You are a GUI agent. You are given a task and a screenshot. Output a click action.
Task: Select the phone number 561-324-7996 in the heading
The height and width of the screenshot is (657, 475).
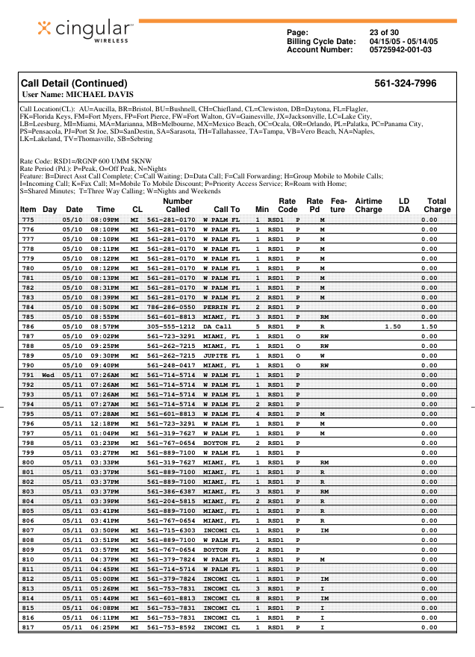click(x=405, y=84)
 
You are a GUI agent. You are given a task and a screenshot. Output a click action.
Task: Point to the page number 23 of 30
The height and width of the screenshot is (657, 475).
click(x=385, y=32)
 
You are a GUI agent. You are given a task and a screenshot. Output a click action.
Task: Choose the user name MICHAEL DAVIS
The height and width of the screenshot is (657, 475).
click(x=99, y=95)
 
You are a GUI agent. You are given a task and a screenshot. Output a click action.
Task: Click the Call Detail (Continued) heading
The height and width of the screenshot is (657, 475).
click(x=74, y=84)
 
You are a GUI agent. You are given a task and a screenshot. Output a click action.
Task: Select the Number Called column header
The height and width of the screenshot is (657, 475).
click(x=177, y=205)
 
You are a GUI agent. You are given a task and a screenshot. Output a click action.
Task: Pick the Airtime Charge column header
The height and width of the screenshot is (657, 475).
click(x=368, y=205)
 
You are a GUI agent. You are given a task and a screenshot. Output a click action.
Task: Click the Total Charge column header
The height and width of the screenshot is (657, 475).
click(x=437, y=205)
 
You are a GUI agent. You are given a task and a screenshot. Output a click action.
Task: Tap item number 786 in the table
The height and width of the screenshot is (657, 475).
click(x=28, y=326)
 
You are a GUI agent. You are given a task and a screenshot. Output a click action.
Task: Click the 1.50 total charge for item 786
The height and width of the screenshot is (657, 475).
click(x=429, y=326)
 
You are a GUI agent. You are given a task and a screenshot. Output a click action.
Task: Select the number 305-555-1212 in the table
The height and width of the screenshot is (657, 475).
click(x=170, y=326)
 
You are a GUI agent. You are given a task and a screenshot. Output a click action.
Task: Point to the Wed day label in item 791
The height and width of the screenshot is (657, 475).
click(x=49, y=375)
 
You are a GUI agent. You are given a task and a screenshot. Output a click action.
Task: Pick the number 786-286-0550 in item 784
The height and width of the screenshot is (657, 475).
click(x=170, y=307)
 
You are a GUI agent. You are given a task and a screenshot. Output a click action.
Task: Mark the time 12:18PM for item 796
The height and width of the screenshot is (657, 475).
click(x=105, y=423)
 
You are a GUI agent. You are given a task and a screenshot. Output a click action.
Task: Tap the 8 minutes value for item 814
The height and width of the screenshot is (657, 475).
click(x=258, y=598)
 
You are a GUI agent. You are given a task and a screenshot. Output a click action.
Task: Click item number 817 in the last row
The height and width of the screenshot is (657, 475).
click(x=28, y=627)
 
